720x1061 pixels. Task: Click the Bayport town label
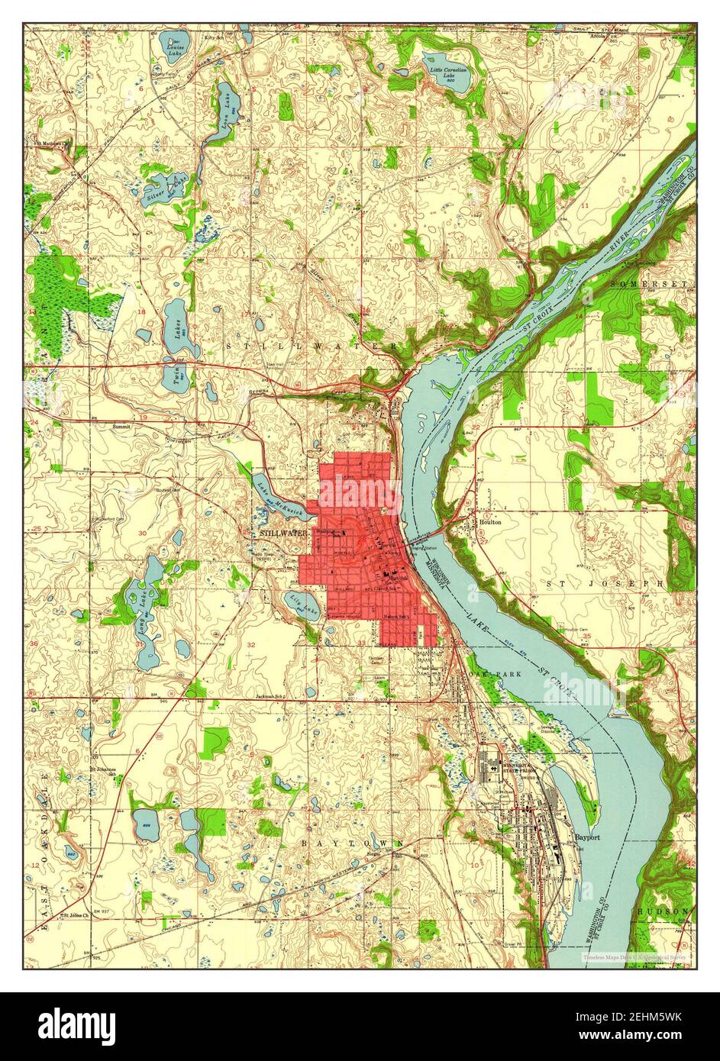(588, 837)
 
